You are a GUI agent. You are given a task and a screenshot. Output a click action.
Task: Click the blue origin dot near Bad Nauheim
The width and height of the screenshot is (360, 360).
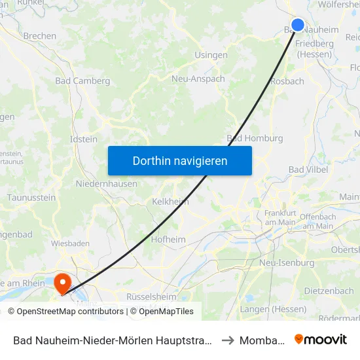pos(297,25)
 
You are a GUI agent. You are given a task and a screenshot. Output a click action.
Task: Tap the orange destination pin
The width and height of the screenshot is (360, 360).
pos(62,283)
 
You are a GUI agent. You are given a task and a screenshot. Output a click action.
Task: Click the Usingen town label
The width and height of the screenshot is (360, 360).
pos(211,55)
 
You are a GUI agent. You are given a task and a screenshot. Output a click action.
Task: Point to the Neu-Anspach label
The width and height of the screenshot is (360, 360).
pos(198,79)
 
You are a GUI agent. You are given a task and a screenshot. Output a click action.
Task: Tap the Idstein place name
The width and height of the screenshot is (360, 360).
pos(83,139)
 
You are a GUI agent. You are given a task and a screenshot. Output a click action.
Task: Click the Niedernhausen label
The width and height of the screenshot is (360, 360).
pos(106,184)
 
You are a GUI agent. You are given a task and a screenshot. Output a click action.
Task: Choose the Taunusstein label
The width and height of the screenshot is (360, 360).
pos(31,197)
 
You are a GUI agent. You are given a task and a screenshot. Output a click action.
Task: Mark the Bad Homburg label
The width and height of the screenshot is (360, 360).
pos(255,138)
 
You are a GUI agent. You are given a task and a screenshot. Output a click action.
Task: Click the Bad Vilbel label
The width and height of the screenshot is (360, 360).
pos(308,170)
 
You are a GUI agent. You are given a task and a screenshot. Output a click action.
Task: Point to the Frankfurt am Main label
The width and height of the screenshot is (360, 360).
pos(281,217)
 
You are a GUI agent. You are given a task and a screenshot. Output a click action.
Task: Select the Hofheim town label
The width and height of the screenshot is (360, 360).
pos(168,240)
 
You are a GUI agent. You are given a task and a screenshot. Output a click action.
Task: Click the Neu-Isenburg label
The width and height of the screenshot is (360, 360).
pos(287,262)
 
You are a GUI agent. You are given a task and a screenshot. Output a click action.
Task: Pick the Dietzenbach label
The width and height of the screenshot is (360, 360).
pos(329,291)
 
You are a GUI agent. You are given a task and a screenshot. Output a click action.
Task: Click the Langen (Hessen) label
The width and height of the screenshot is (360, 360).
pos(273,309)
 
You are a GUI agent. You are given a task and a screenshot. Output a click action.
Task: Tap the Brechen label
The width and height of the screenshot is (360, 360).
pos(39,36)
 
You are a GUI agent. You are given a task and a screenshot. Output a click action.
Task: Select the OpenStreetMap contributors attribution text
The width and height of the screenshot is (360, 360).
pos(65,312)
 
